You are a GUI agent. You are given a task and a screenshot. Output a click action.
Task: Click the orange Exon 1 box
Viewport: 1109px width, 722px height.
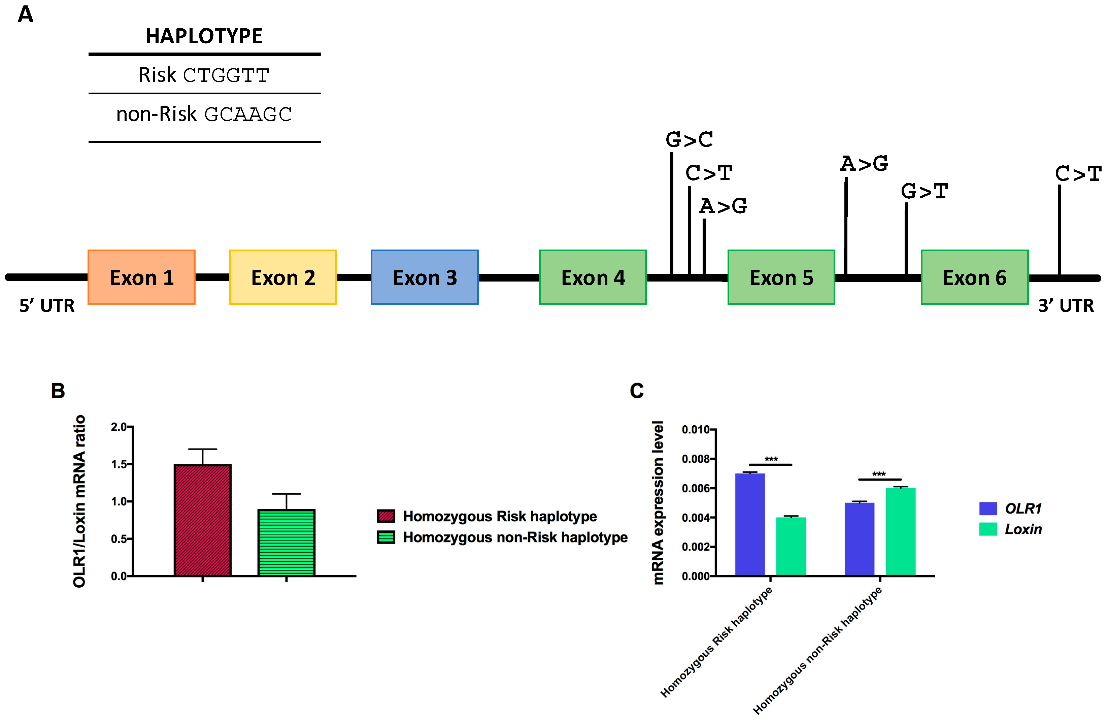[141, 277]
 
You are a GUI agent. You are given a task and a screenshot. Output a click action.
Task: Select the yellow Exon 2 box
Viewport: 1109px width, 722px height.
[283, 277]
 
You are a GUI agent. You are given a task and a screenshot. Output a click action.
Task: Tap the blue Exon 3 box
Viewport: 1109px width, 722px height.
[425, 277]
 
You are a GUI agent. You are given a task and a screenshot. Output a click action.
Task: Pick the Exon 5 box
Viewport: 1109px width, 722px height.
[781, 277]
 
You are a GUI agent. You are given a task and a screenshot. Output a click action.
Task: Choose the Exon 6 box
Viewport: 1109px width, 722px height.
[974, 277]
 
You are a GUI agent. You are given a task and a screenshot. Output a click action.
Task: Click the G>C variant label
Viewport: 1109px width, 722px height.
[689, 139]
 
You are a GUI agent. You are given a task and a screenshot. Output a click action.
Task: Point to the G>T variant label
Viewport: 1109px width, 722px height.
[925, 191]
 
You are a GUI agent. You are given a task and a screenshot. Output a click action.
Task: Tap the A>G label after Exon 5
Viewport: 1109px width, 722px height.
[864, 164]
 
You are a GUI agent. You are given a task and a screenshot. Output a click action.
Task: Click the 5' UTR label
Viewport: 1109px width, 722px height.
[46, 306]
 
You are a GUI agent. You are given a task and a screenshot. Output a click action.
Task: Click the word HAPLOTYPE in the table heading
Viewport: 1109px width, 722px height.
[204, 36]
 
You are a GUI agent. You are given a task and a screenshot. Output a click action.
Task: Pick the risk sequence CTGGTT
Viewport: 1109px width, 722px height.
[226, 75]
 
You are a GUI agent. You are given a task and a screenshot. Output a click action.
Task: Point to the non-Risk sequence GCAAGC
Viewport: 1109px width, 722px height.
[248, 114]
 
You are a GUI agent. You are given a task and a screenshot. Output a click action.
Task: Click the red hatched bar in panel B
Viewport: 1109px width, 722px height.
[203, 520]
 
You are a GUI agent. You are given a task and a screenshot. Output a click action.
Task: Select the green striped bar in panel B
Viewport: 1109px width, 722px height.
[286, 543]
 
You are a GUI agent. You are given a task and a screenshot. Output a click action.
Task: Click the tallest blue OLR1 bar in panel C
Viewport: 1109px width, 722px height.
[750, 524]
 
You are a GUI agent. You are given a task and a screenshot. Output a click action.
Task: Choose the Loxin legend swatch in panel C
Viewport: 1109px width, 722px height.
[988, 529]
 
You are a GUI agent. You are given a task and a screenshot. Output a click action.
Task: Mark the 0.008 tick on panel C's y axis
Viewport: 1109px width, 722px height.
[696, 459]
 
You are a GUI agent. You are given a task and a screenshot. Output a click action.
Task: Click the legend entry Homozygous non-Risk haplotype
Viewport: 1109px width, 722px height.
[515, 537]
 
